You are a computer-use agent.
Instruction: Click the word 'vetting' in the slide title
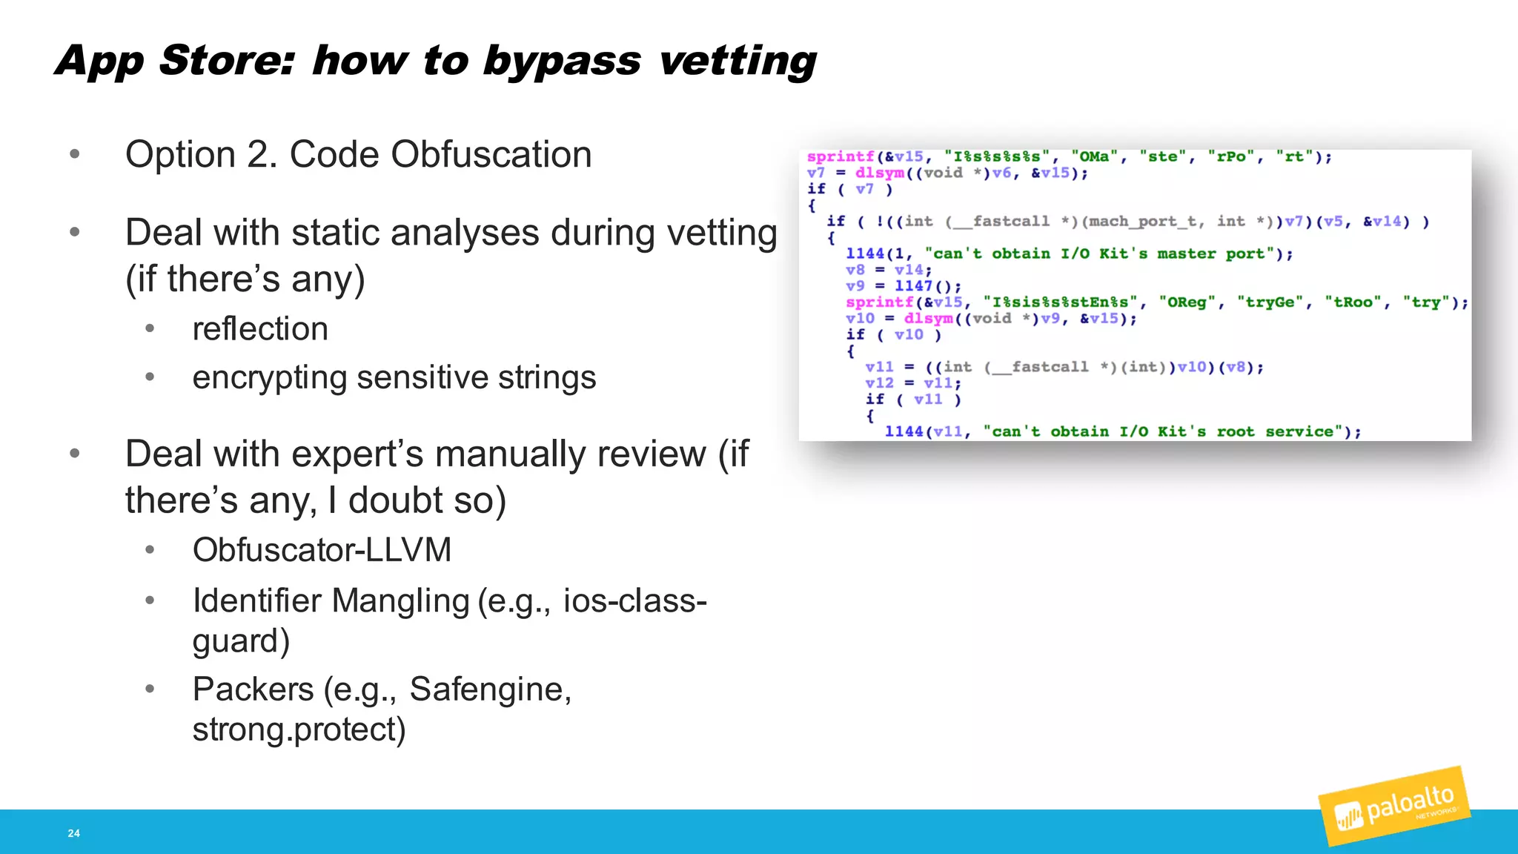(x=738, y=61)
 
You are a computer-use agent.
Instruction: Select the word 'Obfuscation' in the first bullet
(x=491, y=155)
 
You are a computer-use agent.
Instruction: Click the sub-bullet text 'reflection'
(x=260, y=328)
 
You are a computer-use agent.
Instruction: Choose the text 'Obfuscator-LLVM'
(x=322, y=550)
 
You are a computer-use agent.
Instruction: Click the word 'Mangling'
(x=400, y=600)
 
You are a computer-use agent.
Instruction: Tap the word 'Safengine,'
(x=490, y=689)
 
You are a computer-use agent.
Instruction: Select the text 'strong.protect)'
(x=299, y=729)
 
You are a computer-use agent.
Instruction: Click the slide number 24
(x=74, y=833)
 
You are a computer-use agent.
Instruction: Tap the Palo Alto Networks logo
(x=1393, y=807)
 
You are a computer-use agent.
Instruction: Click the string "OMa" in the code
(x=1094, y=156)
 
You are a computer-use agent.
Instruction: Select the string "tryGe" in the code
(x=1270, y=302)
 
